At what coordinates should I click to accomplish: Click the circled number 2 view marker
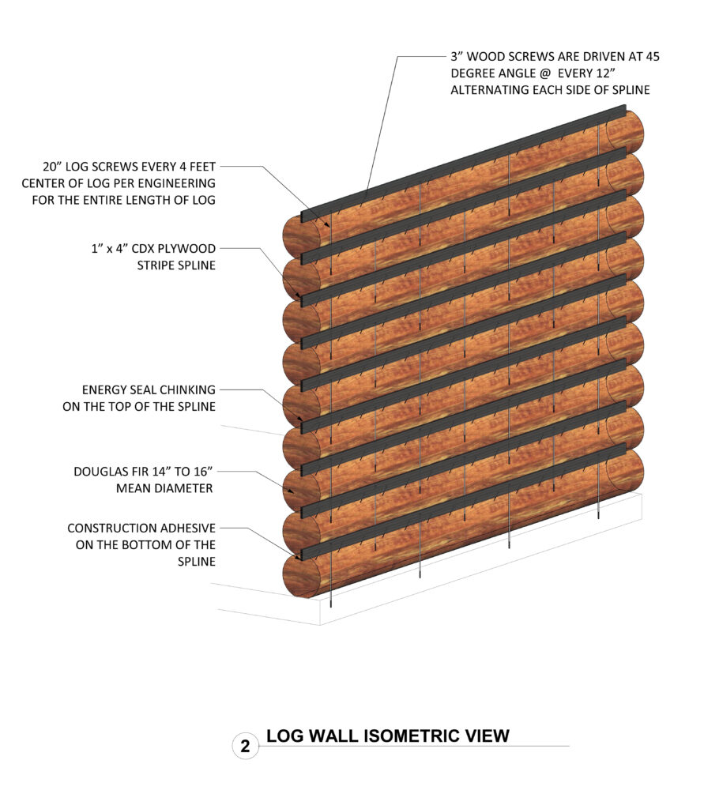tap(245, 746)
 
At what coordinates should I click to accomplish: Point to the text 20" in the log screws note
tap(54, 167)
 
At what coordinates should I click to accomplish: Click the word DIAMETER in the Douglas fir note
tap(185, 488)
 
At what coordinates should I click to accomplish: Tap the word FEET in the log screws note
tap(200, 167)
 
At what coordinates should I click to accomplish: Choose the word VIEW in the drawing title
tap(484, 736)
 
